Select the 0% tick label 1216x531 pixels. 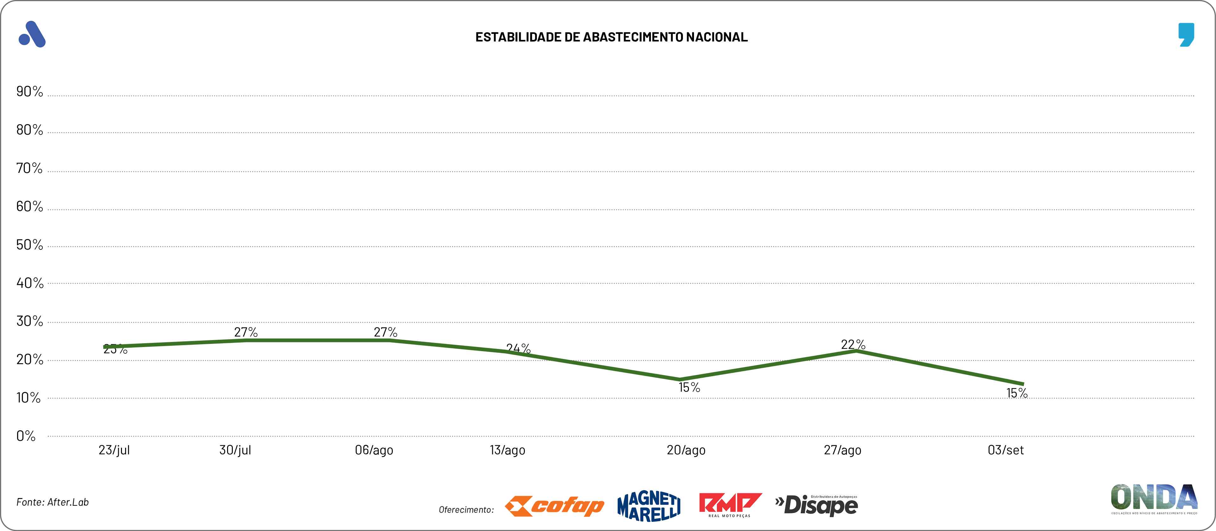tap(26, 436)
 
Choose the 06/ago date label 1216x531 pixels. tap(374, 450)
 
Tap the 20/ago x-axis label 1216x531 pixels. tap(686, 450)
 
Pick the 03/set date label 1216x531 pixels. tap(1005, 450)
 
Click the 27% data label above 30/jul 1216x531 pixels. tap(246, 332)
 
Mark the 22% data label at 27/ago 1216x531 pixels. tap(853, 345)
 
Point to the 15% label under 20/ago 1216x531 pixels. tap(689, 388)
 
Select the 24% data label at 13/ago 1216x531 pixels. tap(518, 348)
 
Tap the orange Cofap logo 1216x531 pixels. tap(555, 506)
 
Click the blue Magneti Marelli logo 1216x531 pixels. tap(649, 506)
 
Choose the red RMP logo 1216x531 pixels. tap(730, 505)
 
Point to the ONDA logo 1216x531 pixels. tap(1154, 498)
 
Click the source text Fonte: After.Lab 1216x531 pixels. tap(52, 502)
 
